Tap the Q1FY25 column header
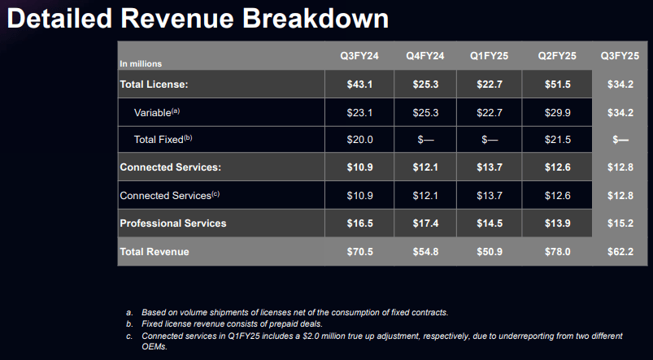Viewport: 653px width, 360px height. click(490, 56)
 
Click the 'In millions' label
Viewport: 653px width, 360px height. click(141, 63)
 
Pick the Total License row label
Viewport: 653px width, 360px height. click(155, 85)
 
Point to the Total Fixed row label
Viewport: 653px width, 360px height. click(163, 140)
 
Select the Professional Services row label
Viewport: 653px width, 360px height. click(173, 223)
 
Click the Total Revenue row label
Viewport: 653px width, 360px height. click(155, 252)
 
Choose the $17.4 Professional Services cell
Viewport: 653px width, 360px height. click(424, 223)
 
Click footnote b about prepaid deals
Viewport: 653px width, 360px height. click(232, 323)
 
